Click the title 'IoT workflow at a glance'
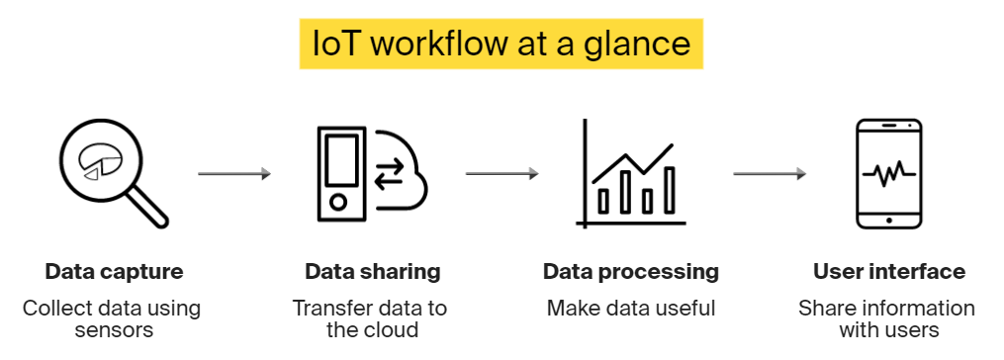[x=501, y=44]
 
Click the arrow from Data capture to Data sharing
[x=233, y=174]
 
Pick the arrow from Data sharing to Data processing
[x=502, y=174]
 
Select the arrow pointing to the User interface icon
[x=769, y=174]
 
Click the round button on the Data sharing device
[x=337, y=202]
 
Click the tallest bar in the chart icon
[x=669, y=190]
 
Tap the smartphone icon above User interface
[x=888, y=174]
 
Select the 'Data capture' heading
[x=114, y=271]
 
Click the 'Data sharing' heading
[x=372, y=271]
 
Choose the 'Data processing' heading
[x=630, y=271]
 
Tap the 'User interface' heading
[x=888, y=271]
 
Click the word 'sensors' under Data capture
[x=114, y=329]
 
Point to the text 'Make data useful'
[x=630, y=309]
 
